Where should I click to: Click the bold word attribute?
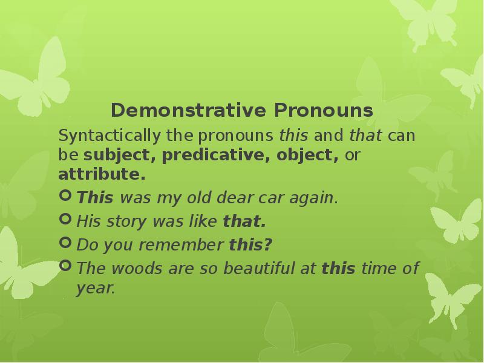[x=102, y=175]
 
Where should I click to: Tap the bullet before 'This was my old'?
[x=65, y=196]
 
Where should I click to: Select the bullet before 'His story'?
[x=65, y=220]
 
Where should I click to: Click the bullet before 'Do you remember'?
[x=65, y=243]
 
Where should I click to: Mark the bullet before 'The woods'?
[x=65, y=267]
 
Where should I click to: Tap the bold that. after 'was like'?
[x=244, y=221]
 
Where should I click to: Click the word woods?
[x=123, y=269]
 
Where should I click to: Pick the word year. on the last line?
[x=96, y=289]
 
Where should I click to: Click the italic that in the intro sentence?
[x=365, y=136]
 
